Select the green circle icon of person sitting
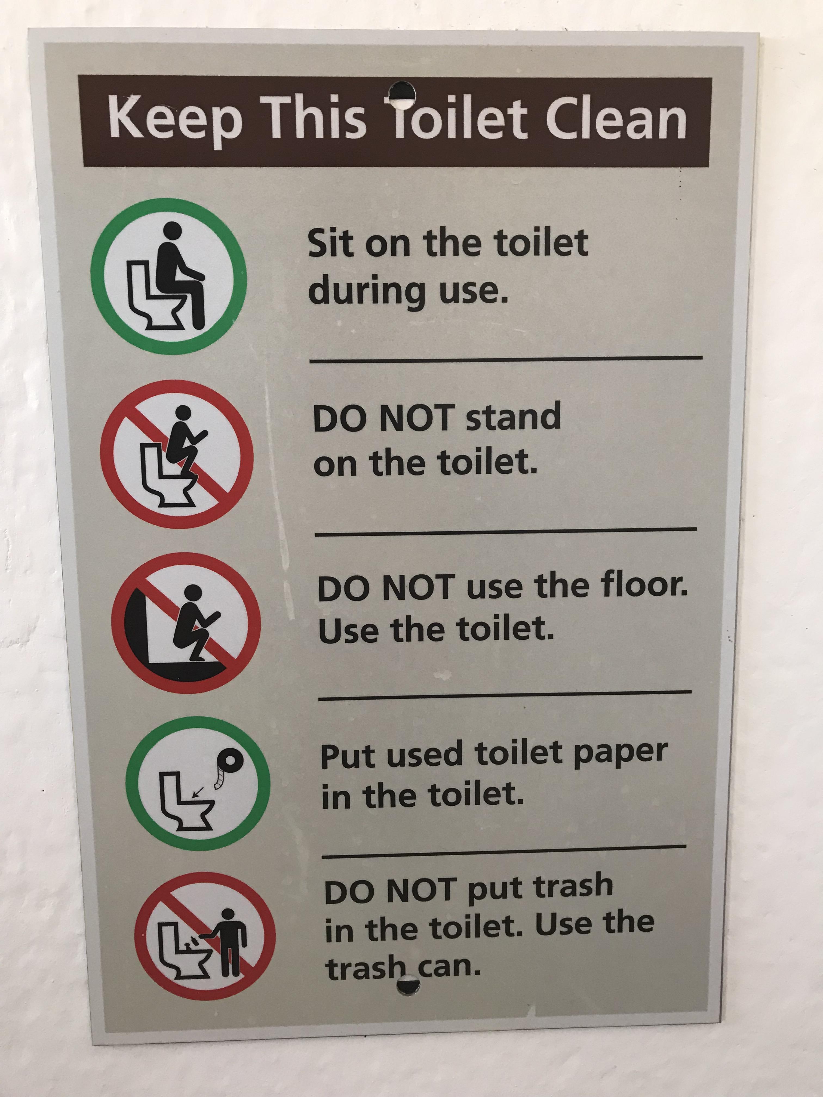169,276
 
